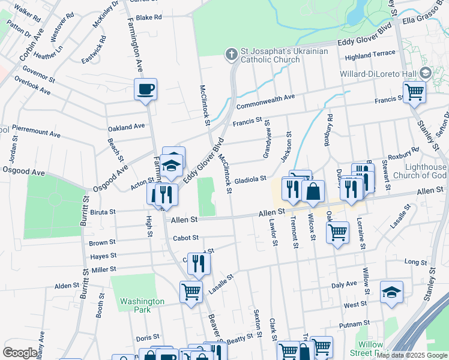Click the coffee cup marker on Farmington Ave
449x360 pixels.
(x=145, y=90)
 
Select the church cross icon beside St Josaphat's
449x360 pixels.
(x=231, y=55)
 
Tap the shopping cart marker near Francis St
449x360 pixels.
(x=414, y=92)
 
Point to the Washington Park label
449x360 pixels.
(x=142, y=305)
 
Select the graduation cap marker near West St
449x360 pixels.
(x=391, y=292)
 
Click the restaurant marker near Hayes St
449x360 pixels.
(x=197, y=263)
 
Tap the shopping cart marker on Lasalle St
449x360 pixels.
(x=191, y=292)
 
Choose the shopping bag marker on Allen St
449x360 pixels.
(x=313, y=192)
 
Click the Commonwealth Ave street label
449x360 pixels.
(x=265, y=101)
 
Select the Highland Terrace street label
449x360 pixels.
(x=370, y=55)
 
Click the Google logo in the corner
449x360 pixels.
(x=20, y=353)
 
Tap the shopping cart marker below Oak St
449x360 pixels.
(x=337, y=232)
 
